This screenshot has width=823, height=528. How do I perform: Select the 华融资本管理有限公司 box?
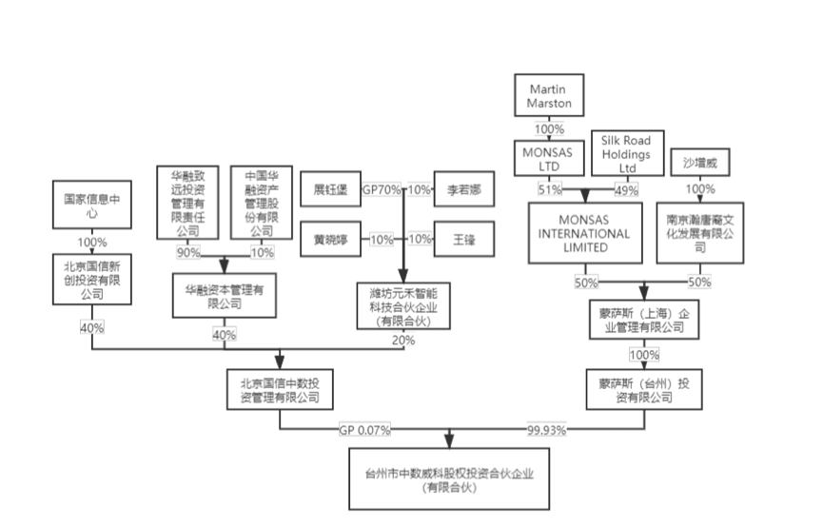(x=225, y=295)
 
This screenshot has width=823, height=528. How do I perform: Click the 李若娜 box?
(x=463, y=189)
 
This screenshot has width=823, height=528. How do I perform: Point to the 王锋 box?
(x=463, y=239)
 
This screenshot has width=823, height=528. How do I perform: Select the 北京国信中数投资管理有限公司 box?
(x=280, y=388)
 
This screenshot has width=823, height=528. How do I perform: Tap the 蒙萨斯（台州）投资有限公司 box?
(x=635, y=388)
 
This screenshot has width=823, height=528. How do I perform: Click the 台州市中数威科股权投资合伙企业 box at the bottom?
(x=449, y=480)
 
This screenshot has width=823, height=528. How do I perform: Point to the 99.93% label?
(x=546, y=430)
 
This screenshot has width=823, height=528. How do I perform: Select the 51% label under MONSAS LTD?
(x=550, y=190)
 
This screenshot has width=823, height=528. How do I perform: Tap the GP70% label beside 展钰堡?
(x=382, y=189)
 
